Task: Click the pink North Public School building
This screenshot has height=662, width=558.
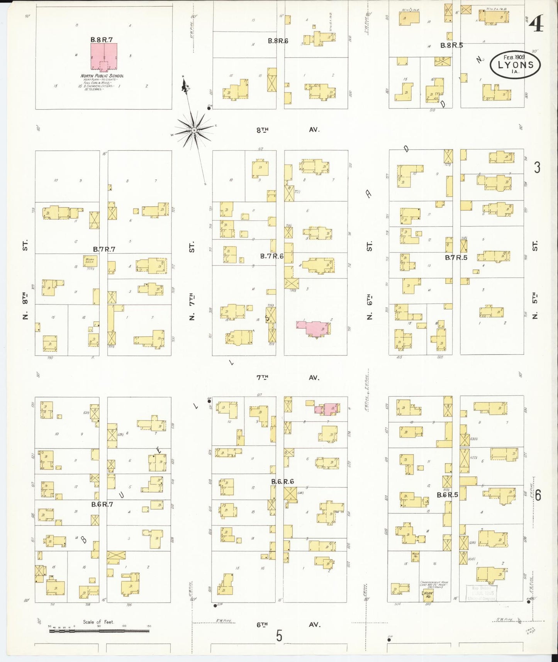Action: point(104,56)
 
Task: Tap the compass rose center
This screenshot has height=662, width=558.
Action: point(194,131)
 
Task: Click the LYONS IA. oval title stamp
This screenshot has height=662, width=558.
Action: point(515,65)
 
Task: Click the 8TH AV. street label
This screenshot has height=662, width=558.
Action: point(288,130)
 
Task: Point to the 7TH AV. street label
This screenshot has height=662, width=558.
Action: point(288,378)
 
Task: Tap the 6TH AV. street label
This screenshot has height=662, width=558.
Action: point(288,624)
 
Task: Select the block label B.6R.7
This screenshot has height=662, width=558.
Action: point(102,504)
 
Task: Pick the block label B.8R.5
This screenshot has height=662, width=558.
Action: point(451,45)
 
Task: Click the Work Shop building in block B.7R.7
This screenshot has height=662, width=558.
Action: point(90,261)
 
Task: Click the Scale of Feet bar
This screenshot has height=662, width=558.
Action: point(99,631)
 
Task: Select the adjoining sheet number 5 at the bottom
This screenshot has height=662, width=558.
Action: point(279,636)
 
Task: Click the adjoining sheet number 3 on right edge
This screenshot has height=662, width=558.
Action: point(537,168)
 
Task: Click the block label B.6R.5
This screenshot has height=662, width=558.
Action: point(447,495)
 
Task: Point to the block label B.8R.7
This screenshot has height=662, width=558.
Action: point(101,39)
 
